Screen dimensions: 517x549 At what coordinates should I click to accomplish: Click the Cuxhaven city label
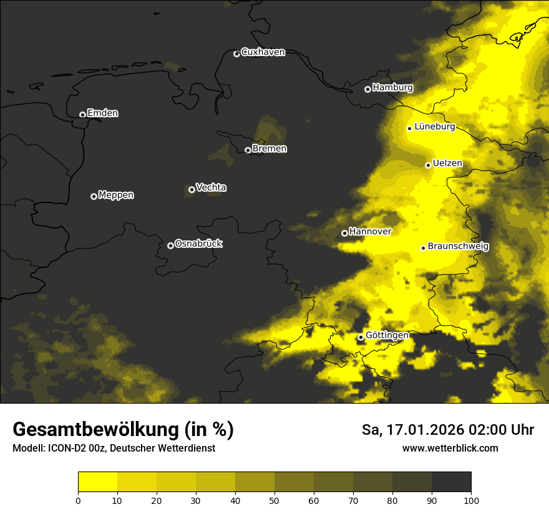pos(263,52)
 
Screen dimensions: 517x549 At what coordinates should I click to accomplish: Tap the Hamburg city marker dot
pos(367,89)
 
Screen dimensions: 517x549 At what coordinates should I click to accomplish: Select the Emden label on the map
pos(102,113)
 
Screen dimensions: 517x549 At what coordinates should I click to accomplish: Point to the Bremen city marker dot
pos(248,150)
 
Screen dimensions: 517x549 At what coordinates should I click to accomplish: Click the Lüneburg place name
pos(434,127)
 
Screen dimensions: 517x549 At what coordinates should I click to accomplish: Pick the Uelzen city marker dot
pos(428,165)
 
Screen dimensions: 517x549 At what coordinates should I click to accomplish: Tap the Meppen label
pos(116,196)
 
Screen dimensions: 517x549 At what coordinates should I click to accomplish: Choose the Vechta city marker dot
pos(192,189)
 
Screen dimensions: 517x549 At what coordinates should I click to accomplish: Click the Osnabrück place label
pos(198,244)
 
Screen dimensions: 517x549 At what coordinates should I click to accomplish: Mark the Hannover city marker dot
pos(344,234)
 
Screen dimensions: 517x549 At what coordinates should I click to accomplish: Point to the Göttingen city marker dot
pos(361,337)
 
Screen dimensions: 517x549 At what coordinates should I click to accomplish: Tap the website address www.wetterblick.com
pos(450,448)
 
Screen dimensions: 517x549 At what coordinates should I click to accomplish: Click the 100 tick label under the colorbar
pos(471,500)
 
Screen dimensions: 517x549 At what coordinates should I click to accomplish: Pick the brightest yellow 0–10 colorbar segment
pos(97,482)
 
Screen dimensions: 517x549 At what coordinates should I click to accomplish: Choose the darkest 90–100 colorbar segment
pos(451,482)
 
